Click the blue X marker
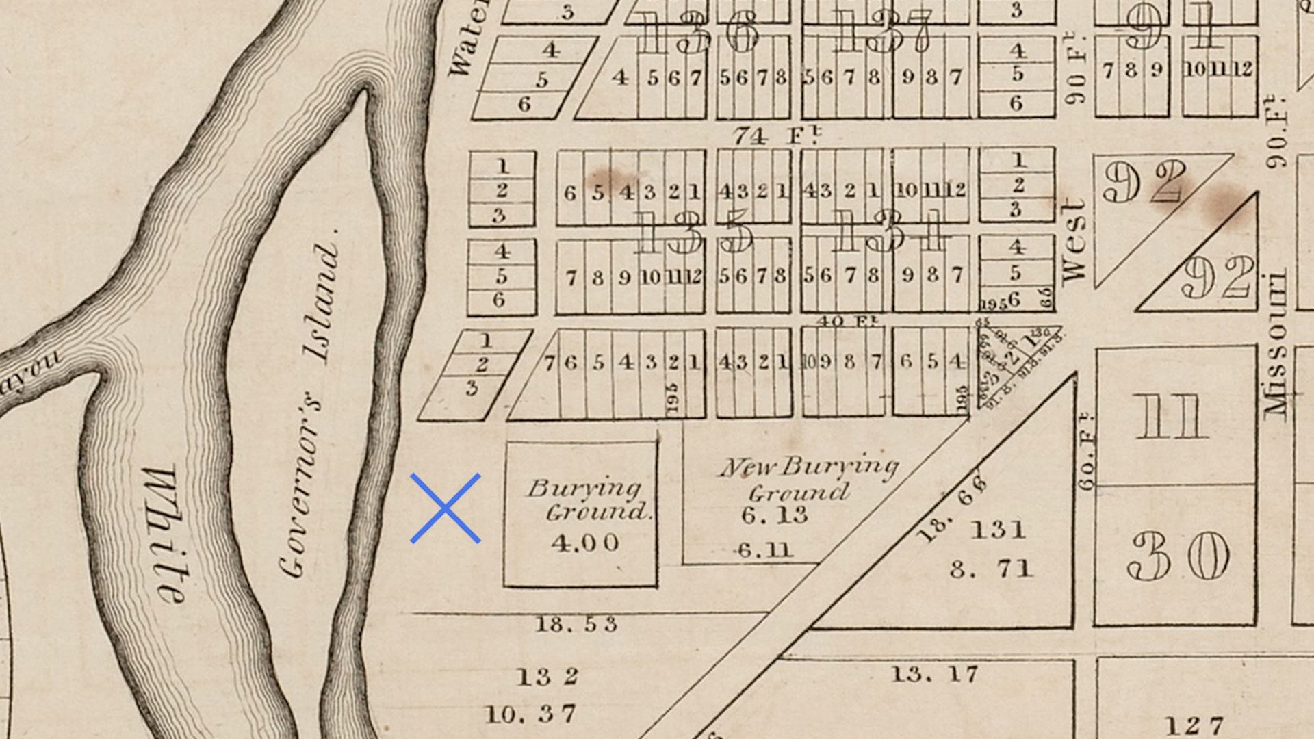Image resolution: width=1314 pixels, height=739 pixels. pyautogui.click(x=445, y=508)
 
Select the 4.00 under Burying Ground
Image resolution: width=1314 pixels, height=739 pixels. pyautogui.click(x=585, y=543)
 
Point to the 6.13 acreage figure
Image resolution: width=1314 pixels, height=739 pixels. pyautogui.click(x=775, y=515)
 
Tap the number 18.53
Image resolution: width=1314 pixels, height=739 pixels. pyautogui.click(x=576, y=624)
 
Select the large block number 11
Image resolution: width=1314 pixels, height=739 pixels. pyautogui.click(x=1172, y=417)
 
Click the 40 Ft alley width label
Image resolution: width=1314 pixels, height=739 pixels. pyautogui.click(x=843, y=320)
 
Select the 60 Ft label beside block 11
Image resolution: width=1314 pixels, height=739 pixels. pyautogui.click(x=1087, y=452)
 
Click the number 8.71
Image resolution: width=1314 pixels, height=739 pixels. pyautogui.click(x=991, y=569)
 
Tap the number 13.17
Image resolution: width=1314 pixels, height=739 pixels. pyautogui.click(x=934, y=675)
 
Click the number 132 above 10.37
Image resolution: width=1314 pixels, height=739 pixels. pyautogui.click(x=547, y=677)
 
